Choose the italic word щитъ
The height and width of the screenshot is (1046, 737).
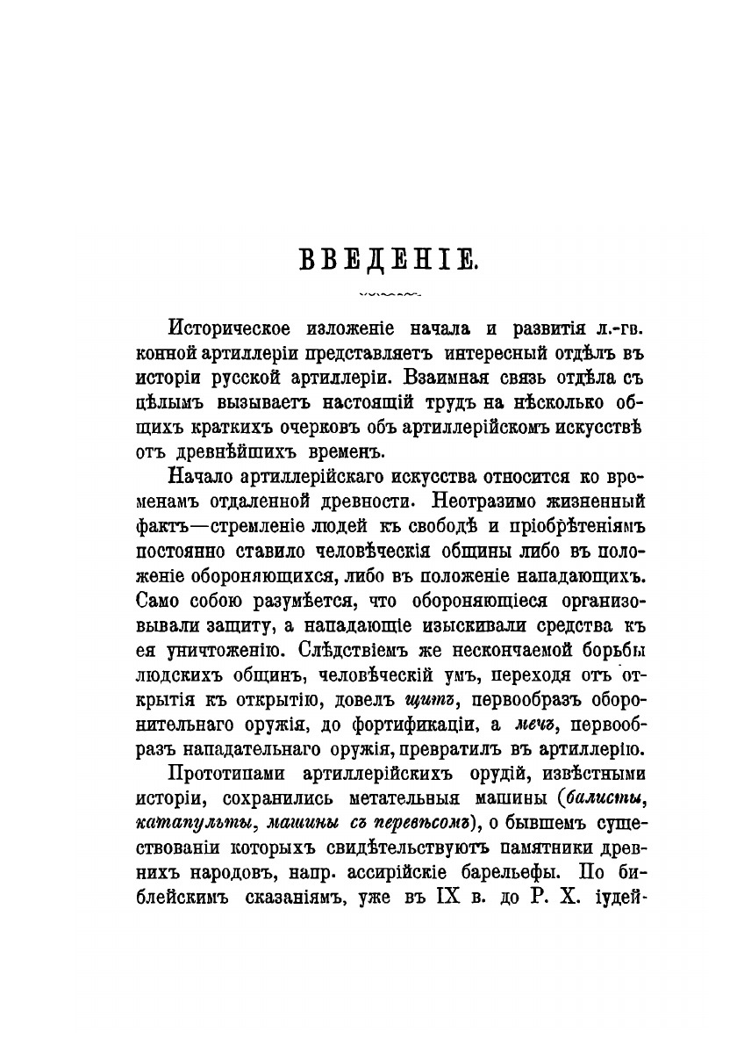coord(426,703)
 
